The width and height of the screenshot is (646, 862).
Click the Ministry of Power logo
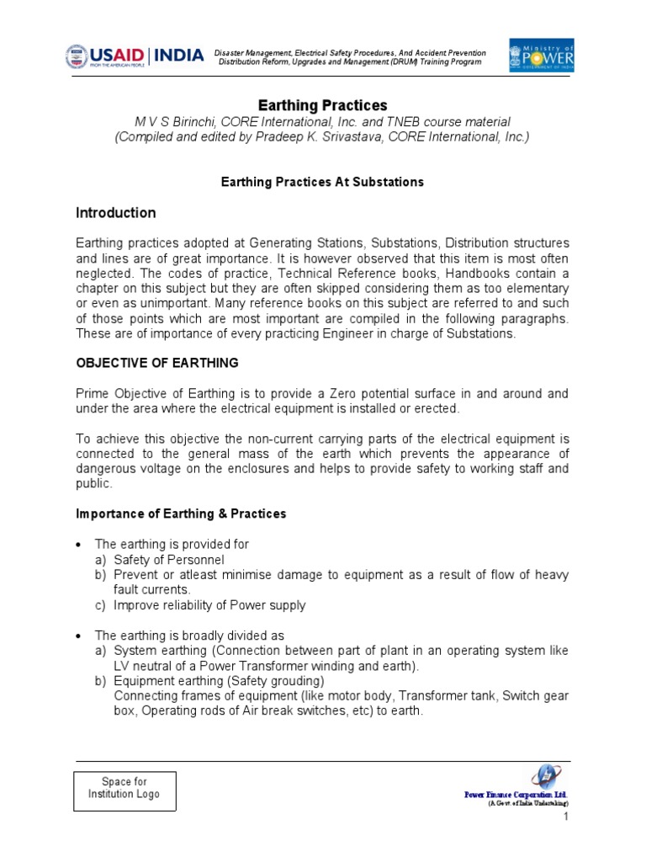543,56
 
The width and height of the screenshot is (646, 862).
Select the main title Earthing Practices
322,105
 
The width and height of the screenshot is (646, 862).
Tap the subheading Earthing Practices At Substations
322,182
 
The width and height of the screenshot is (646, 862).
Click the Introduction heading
116,213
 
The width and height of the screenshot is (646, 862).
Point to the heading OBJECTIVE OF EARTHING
157,363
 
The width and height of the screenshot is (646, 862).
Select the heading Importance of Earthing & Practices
181,513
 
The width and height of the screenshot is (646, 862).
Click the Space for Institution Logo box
124,789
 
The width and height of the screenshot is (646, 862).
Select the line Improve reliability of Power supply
209,605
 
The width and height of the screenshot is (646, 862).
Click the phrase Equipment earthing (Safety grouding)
219,681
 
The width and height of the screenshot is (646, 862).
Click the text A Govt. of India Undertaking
528,804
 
